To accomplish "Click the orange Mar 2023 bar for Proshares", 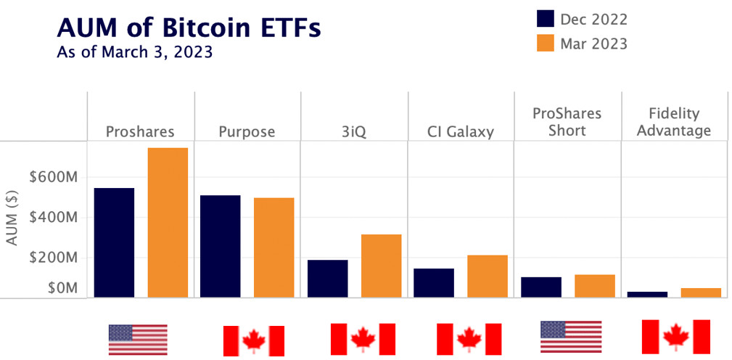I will pyautogui.click(x=168, y=222).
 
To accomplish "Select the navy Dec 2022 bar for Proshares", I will pyautogui.click(x=114, y=242).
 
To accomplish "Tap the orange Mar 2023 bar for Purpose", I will pyautogui.click(x=274, y=247).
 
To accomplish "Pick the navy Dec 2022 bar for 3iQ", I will pyautogui.click(x=327, y=278).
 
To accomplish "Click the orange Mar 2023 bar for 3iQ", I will pyautogui.click(x=381, y=266).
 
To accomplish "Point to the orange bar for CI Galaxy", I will pyautogui.click(x=488, y=276).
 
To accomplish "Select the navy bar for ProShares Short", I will pyautogui.click(x=541, y=287).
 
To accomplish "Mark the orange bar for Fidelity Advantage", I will pyautogui.click(x=701, y=292).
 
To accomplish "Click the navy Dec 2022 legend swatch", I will pyautogui.click(x=546, y=20).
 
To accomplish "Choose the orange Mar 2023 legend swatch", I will pyautogui.click(x=546, y=44).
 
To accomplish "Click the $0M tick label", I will pyautogui.click(x=62, y=288).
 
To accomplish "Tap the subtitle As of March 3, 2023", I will pyautogui.click(x=134, y=53).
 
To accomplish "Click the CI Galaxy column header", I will pyautogui.click(x=461, y=131).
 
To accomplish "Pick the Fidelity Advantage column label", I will pyautogui.click(x=675, y=123).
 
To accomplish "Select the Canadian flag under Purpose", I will pyautogui.click(x=253, y=340).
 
